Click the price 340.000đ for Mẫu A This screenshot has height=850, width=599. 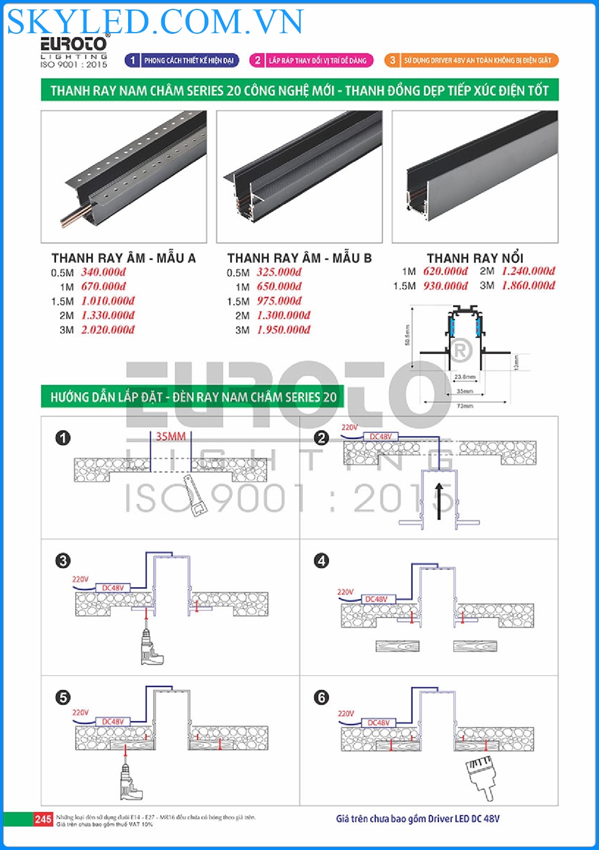point(103,272)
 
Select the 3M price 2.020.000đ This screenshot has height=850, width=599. point(107,330)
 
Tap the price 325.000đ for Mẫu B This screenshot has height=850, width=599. point(279,272)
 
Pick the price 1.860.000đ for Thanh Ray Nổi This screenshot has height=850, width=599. point(528,285)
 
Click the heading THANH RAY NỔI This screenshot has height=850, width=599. point(474,258)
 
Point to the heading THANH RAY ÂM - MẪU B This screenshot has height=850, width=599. point(299,258)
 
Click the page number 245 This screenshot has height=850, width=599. point(43,819)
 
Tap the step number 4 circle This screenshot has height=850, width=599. point(321,561)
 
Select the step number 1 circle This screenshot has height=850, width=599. point(63,438)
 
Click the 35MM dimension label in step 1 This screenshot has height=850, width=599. point(170,437)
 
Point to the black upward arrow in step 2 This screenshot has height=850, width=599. point(439,501)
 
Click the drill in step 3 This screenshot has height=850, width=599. point(149,647)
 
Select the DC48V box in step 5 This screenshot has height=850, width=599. point(113,722)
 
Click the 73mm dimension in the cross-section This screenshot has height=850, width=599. point(465,406)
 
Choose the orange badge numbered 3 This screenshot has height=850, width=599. point(392,61)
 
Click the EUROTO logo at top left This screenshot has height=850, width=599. point(74,45)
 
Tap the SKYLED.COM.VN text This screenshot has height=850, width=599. point(155,21)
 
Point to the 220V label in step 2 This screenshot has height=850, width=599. point(349,427)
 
